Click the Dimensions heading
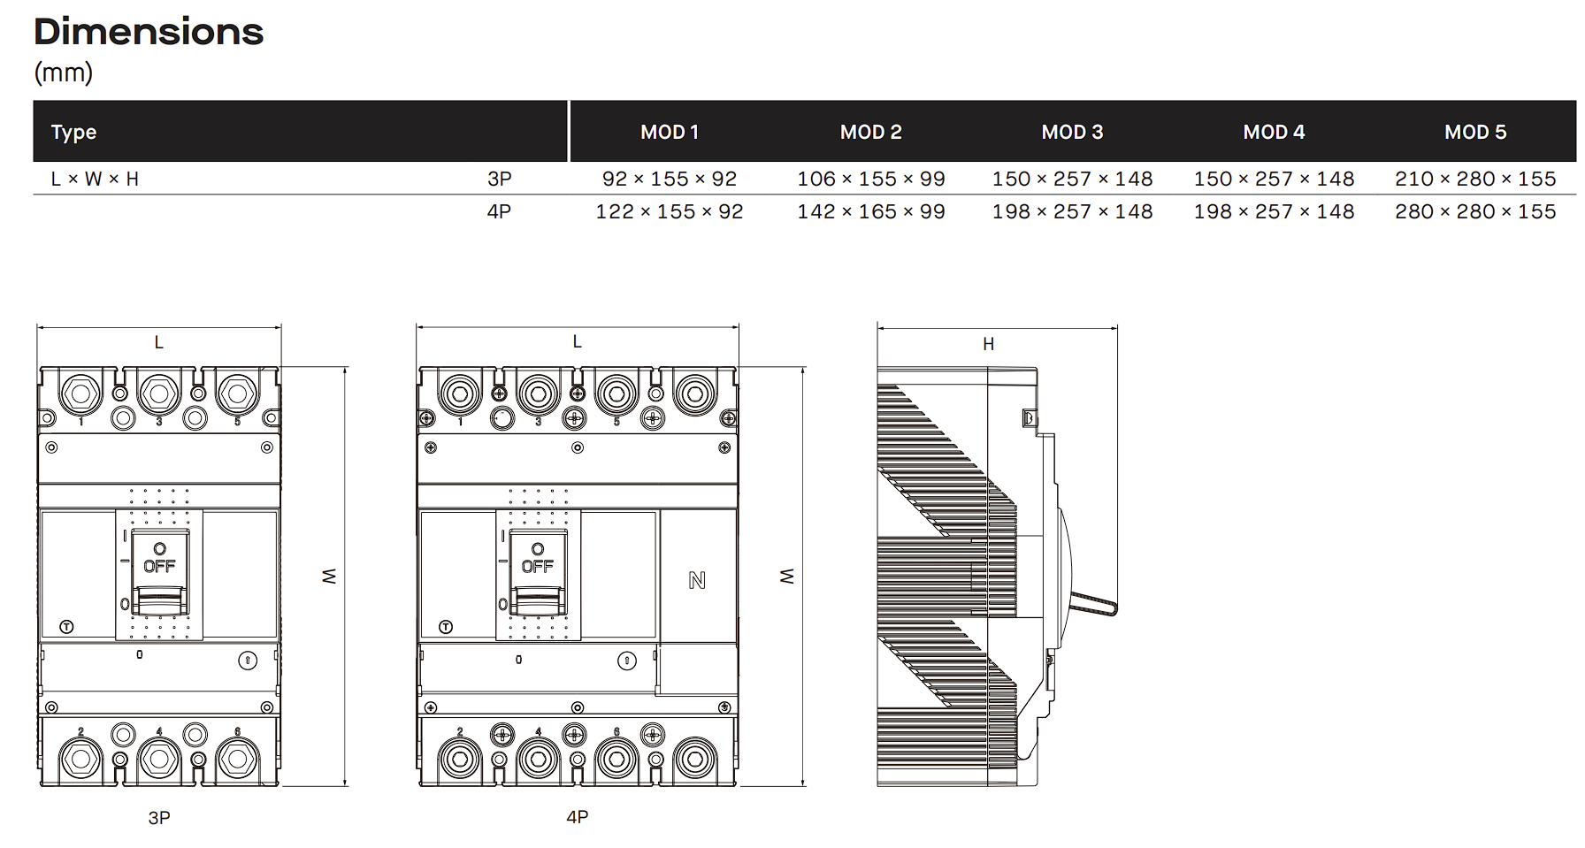(149, 32)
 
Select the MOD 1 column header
(670, 132)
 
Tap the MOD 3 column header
(1072, 132)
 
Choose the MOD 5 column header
(1475, 132)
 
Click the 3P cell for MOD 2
(871, 179)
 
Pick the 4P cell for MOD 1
(670, 211)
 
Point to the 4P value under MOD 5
(1475, 211)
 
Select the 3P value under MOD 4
(1274, 179)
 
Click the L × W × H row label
(95, 179)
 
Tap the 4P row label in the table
(499, 211)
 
